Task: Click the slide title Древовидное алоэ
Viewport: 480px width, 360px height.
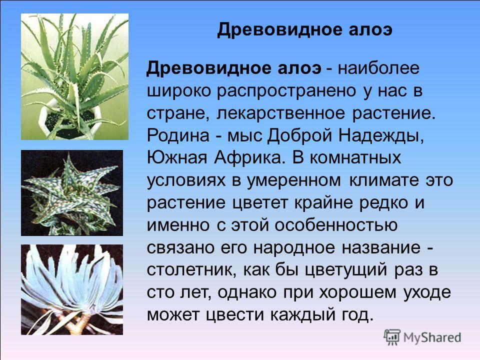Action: [304, 30]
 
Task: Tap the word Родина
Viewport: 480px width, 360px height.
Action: [178, 135]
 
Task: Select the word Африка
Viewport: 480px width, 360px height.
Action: [248, 158]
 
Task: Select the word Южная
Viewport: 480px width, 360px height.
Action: [176, 158]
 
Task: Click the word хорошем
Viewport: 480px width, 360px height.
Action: [357, 292]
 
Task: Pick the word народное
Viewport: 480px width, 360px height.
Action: [294, 248]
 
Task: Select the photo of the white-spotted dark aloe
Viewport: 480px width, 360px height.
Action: [72, 193]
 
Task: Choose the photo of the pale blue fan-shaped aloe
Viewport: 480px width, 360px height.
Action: [72, 289]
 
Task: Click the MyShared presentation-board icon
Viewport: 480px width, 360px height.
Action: [392, 337]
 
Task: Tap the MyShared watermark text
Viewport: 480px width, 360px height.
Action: [432, 338]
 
